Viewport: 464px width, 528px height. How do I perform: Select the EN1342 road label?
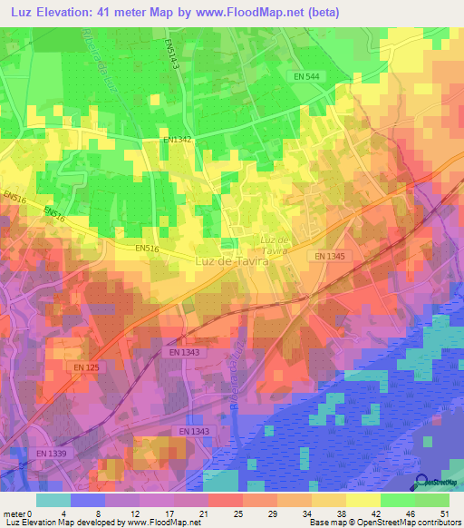click(179, 140)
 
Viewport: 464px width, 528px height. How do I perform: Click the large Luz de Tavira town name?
click(234, 260)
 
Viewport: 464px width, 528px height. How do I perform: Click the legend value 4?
click(63, 513)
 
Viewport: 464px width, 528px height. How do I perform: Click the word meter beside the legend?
click(14, 513)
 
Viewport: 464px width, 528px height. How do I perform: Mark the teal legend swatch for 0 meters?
click(53, 500)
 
